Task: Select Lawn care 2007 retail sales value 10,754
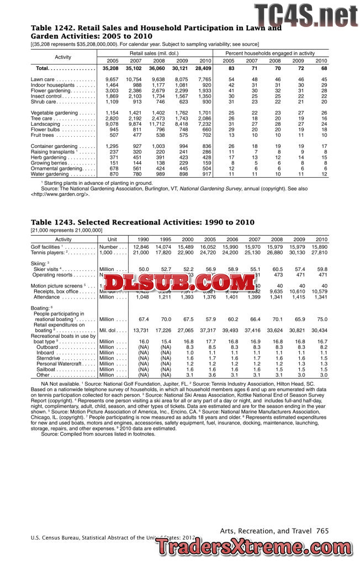(134, 80)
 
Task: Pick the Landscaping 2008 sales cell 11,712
(157, 124)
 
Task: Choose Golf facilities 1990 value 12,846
(141, 247)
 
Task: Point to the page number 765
(323, 531)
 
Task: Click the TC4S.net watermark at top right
(305, 13)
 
